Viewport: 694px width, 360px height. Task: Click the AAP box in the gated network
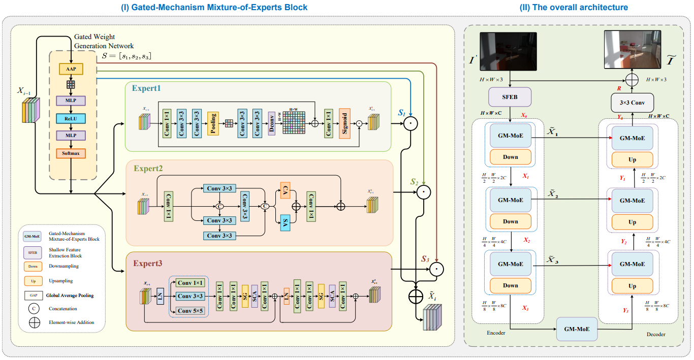[71, 69]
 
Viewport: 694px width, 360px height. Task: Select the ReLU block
[71, 118]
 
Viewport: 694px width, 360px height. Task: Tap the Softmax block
[71, 153]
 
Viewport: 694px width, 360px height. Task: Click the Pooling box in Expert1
[213, 123]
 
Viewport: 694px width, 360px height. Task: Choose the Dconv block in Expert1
[272, 123]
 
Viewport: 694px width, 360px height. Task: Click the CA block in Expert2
[285, 191]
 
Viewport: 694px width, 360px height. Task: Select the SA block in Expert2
[285, 221]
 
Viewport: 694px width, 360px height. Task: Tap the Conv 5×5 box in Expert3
[190, 310]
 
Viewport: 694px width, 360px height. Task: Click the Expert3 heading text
[148, 264]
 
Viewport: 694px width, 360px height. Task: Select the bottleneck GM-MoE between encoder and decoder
[577, 329]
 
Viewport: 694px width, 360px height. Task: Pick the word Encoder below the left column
[496, 333]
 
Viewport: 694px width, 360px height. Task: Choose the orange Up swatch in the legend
[33, 281]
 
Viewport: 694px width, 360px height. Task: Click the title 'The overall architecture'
[574, 7]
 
